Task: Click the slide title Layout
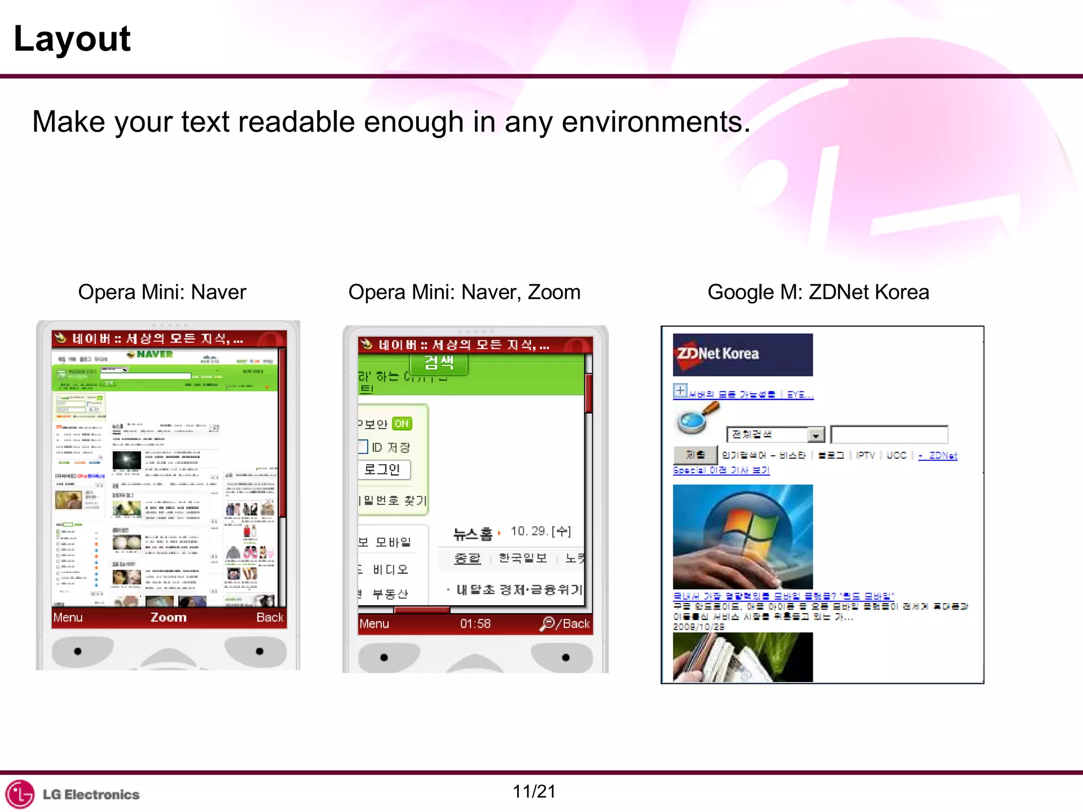tap(72, 39)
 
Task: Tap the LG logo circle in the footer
tap(20, 794)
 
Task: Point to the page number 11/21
tap(534, 791)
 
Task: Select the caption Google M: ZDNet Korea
tap(818, 292)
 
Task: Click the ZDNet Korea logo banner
tap(742, 354)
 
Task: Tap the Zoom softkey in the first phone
tap(168, 617)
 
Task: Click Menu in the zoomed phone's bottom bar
tap(374, 624)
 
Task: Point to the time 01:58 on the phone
tap(475, 624)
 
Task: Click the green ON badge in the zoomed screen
tap(402, 424)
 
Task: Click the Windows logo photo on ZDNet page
tap(742, 536)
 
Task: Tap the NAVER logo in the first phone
tap(151, 354)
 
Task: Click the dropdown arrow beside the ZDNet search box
tap(816, 435)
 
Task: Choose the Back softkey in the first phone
tap(270, 617)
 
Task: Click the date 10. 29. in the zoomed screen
tap(529, 531)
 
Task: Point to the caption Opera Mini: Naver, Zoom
tap(464, 292)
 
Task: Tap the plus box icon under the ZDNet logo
tap(680, 391)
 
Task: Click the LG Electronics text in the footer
tap(91, 795)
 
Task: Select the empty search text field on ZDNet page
tap(889, 435)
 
